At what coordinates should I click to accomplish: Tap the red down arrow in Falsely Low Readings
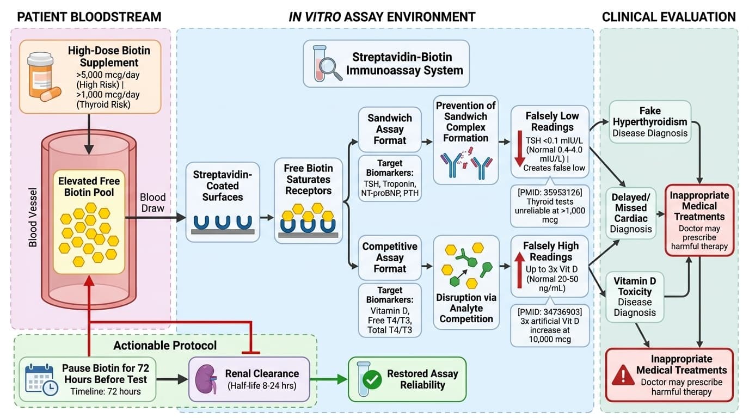[519, 148]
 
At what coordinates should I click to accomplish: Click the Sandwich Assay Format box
[390, 129]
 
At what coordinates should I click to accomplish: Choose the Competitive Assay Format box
[390, 257]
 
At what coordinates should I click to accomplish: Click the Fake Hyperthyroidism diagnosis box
[650, 122]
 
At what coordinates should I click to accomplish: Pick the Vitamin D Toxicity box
[634, 297]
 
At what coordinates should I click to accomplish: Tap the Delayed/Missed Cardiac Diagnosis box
[631, 213]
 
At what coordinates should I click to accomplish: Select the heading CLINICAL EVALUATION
[668, 17]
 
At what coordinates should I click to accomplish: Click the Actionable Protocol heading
[165, 346]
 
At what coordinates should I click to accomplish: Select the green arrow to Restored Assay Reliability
[329, 379]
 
